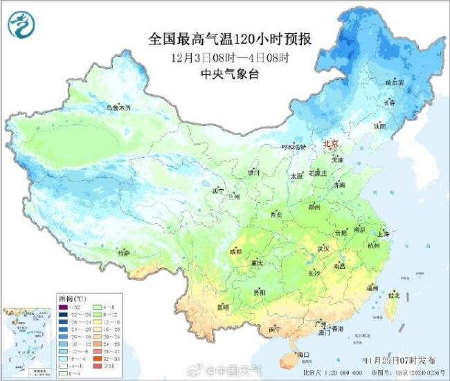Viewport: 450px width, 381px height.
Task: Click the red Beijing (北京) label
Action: pos(332,144)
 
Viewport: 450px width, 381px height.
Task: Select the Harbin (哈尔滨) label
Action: pos(394,82)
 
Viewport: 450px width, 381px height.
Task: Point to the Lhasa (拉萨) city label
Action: pos(124,253)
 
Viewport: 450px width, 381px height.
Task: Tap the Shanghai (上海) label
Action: pos(382,234)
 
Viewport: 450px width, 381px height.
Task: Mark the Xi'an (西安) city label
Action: pos(276,215)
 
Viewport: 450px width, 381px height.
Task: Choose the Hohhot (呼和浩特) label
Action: pos(273,148)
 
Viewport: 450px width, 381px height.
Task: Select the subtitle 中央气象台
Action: pos(229,74)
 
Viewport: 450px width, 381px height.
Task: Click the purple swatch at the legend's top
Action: pos(63,306)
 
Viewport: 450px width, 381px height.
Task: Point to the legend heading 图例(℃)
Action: pos(69,296)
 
